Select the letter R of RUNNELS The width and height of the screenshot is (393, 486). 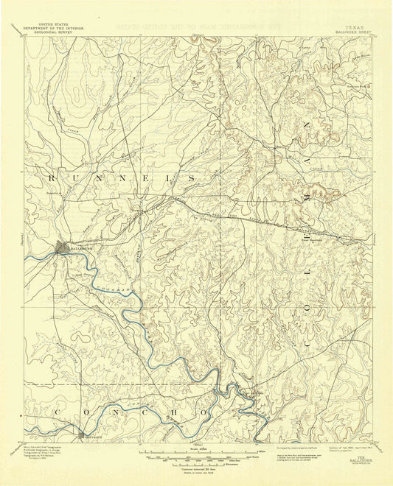(x=51, y=179)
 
